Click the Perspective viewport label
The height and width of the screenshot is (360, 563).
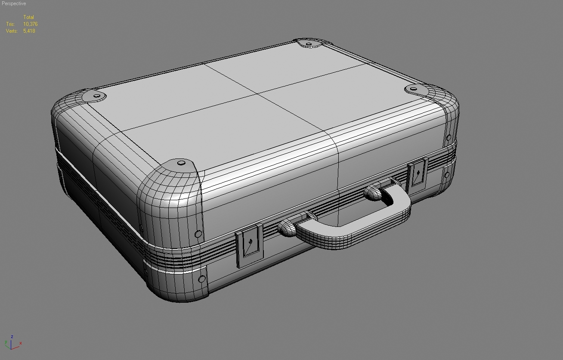click(x=14, y=3)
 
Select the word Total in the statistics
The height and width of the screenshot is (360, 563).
click(x=28, y=17)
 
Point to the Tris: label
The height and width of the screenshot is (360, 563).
click(x=10, y=24)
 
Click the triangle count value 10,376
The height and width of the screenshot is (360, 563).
click(x=30, y=24)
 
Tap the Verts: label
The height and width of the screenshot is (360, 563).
click(x=12, y=31)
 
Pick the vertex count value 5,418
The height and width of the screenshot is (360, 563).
click(x=29, y=31)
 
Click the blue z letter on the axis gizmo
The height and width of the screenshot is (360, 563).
click(x=12, y=337)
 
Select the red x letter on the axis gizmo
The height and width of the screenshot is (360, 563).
click(x=20, y=343)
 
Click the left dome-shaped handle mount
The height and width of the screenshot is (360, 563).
click(x=288, y=227)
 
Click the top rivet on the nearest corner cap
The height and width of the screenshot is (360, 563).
click(x=181, y=163)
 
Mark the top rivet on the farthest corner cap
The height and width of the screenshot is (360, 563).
click(x=309, y=43)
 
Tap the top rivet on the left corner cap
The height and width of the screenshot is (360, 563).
click(x=97, y=96)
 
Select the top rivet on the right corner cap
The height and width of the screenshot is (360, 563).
click(x=413, y=90)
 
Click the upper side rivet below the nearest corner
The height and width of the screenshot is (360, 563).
click(x=198, y=234)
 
